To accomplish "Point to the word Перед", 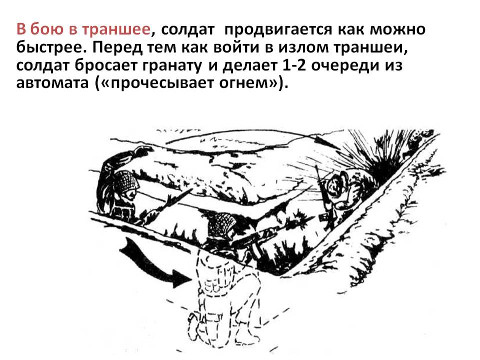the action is pyautogui.click(x=116, y=47).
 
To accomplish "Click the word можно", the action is pyautogui.click(x=397, y=30).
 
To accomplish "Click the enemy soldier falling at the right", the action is pyautogui.click(x=340, y=196).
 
